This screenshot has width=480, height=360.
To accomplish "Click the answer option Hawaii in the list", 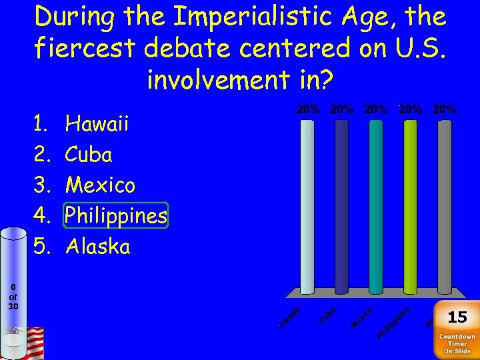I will point(97,124).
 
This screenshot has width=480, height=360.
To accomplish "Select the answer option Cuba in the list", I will point(89,155).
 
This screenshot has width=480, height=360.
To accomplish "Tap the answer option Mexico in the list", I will point(100,185).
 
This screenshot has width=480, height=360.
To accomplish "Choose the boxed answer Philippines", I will point(115,215).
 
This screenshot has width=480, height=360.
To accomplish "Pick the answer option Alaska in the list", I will point(98,247).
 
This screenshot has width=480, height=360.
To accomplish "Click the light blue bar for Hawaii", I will point(307,207).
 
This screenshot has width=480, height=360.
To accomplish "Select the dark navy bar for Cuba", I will point(341,207).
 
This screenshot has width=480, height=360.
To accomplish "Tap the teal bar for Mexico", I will point(376,207).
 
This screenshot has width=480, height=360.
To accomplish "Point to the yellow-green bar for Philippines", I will point(411,207).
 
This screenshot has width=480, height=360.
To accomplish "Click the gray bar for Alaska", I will point(445,207).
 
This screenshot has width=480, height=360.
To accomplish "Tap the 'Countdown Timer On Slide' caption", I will point(457,344).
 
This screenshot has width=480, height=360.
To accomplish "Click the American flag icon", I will point(33,341).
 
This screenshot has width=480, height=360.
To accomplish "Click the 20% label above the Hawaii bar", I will point(307,109).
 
